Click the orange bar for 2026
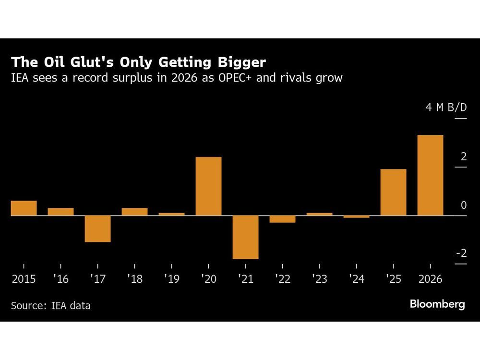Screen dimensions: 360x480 point(430,175)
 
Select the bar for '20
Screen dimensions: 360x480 point(208,186)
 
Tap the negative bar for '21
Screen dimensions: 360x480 point(245,237)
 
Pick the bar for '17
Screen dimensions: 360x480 point(97,228)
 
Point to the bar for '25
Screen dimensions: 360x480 point(393,192)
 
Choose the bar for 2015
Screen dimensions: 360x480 point(24,208)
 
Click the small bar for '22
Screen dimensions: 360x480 point(282,219)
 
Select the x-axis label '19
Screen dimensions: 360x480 point(171,279)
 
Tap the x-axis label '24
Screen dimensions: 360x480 point(356,279)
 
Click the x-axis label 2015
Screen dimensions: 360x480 point(24,279)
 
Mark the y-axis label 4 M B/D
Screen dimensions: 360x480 point(445,107)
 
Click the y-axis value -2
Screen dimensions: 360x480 point(460,253)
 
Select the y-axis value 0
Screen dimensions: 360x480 point(463,205)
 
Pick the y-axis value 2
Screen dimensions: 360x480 point(463,156)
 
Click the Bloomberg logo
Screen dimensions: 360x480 point(437,304)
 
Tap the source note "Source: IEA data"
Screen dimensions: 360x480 point(50,305)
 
